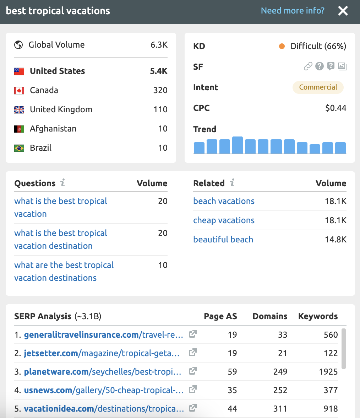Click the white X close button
(343, 11)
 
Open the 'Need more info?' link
(293, 11)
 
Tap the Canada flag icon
(19, 90)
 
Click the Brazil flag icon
(19, 148)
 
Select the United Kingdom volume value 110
(160, 109)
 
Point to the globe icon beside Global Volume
(18, 45)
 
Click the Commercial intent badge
(318, 87)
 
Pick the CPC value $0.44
(336, 108)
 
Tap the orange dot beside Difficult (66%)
(282, 46)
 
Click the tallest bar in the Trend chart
(237, 145)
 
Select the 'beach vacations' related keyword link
(224, 201)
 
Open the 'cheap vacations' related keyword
(224, 220)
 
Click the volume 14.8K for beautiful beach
(336, 240)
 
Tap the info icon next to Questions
(62, 183)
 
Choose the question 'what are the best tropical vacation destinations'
(64, 272)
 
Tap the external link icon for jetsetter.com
(192, 353)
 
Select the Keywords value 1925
(328, 372)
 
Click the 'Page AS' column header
(220, 316)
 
